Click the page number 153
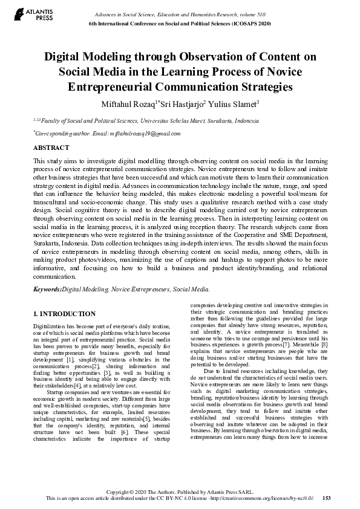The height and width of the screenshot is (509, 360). (x=326, y=498)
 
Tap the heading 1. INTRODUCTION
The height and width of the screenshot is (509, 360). (x=64, y=314)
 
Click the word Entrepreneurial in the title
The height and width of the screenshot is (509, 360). (x=119, y=86)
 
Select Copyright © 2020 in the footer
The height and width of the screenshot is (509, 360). (x=140, y=491)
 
